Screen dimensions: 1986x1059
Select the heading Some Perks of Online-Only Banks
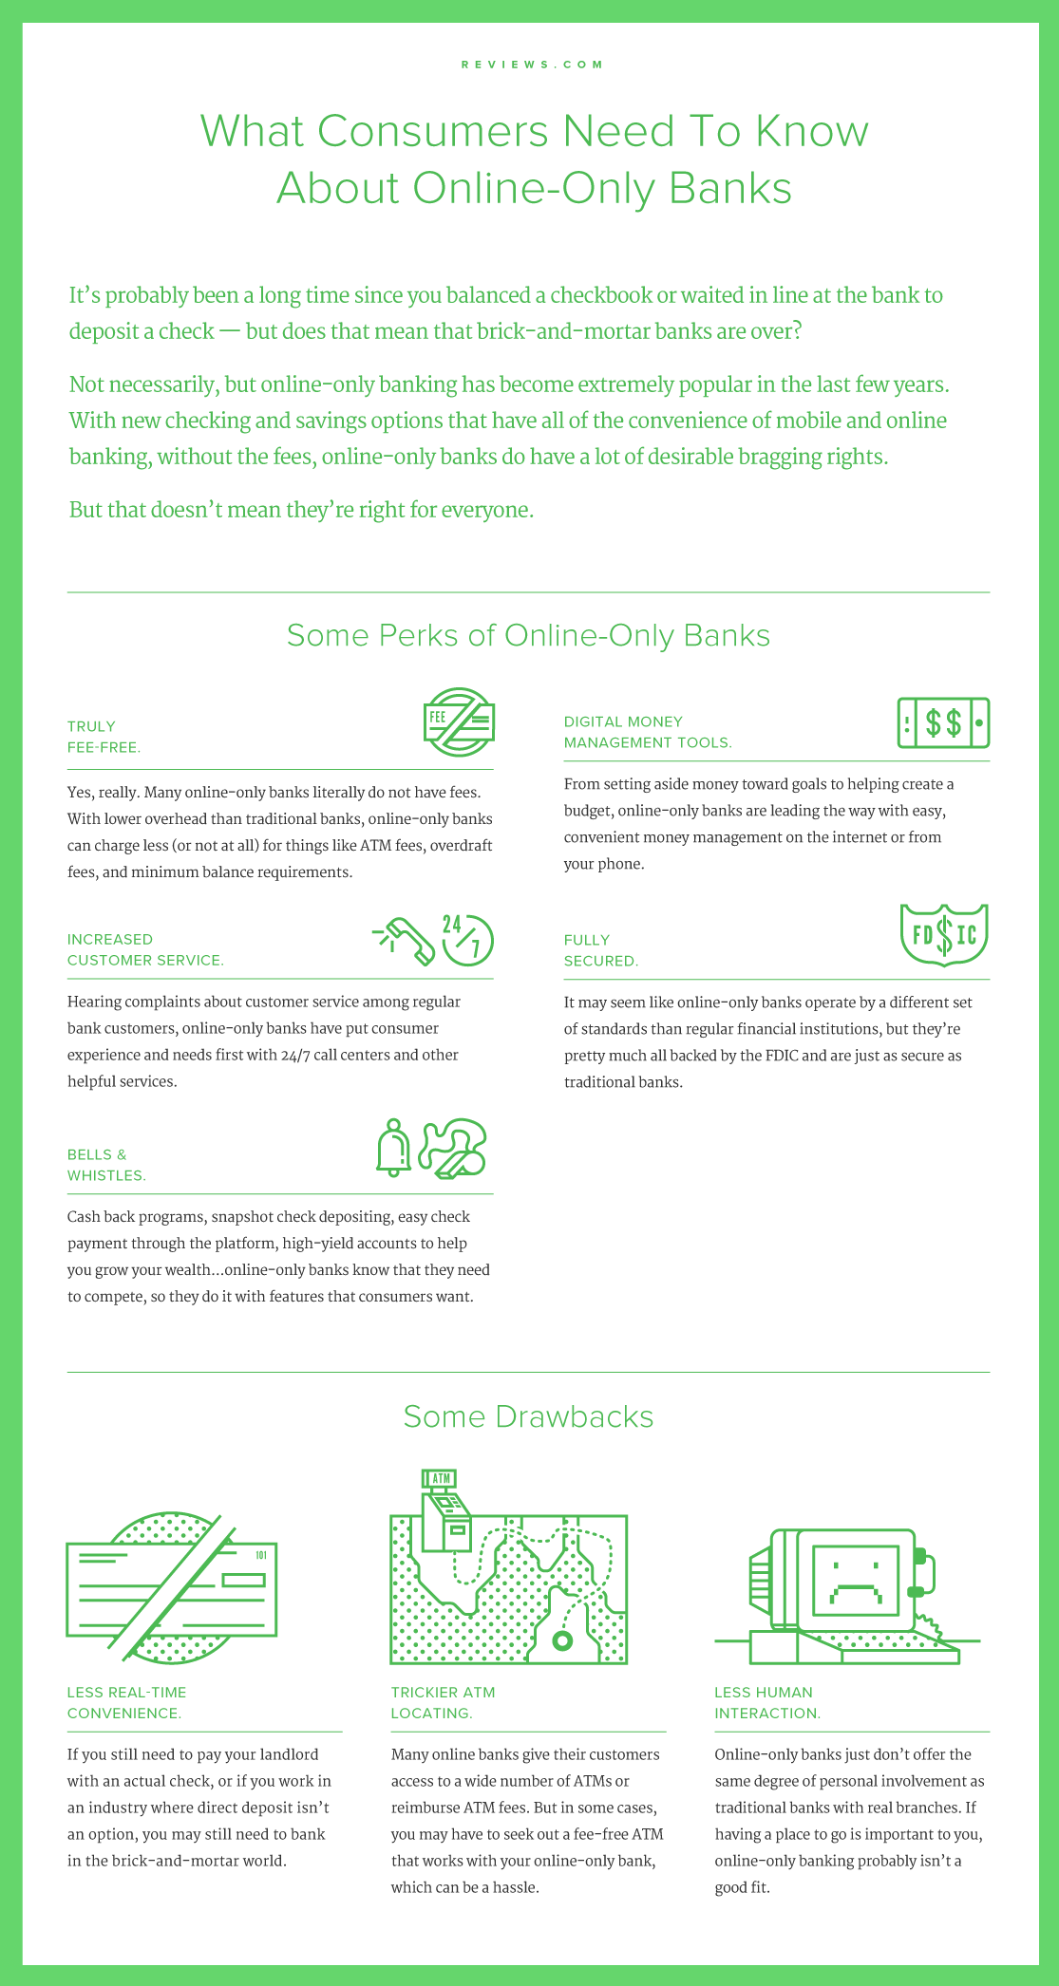point(528,635)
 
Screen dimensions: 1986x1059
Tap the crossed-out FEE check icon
point(459,722)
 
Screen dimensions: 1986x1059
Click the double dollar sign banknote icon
point(943,722)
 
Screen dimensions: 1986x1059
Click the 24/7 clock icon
point(467,940)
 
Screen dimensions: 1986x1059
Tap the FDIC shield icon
point(943,934)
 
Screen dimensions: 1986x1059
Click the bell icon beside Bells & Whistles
point(393,1148)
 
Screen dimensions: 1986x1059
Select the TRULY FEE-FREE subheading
point(104,737)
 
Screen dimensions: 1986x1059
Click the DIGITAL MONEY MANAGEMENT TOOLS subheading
point(648,732)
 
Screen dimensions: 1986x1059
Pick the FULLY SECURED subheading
point(600,950)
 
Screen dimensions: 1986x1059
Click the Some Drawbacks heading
point(528,1416)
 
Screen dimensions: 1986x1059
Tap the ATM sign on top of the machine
point(441,1478)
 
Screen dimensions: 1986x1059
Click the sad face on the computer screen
point(855,1581)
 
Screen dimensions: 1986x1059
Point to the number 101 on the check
point(261,1555)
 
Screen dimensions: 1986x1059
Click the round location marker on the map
point(562,1640)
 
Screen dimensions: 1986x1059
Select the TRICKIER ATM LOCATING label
point(443,1702)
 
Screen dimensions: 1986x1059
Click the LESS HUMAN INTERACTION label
point(766,1702)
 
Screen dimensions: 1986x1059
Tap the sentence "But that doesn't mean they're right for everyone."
point(301,510)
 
